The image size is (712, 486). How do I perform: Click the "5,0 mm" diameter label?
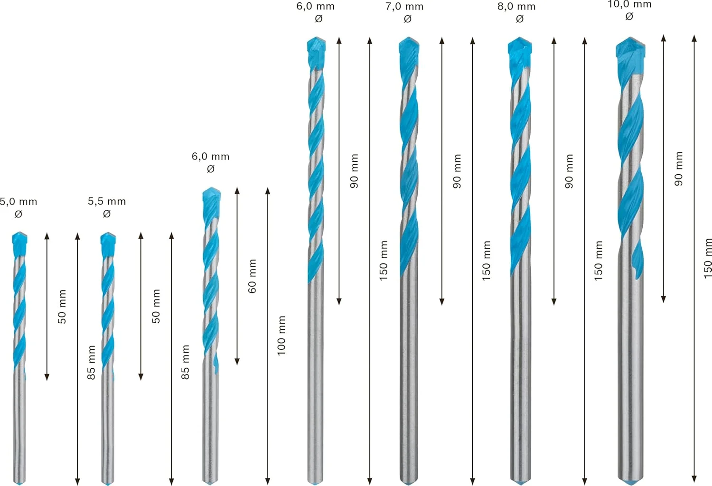[x=19, y=202]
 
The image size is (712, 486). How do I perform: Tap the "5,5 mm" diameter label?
[x=107, y=201]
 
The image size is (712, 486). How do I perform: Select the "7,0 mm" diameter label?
[x=405, y=7]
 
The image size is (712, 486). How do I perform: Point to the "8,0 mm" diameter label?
[x=516, y=7]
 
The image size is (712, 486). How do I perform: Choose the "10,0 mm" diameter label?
[x=629, y=4]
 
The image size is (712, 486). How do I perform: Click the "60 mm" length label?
[x=252, y=276]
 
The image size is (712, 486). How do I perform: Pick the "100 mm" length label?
[x=281, y=336]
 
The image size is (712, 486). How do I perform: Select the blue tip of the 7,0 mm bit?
[x=409, y=47]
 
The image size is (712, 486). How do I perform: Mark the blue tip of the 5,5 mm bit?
[x=108, y=243]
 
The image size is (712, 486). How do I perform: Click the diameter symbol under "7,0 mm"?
[x=407, y=19]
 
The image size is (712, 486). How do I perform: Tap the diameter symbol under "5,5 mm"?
[x=107, y=214]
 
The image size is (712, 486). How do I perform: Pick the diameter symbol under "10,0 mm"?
[x=629, y=17]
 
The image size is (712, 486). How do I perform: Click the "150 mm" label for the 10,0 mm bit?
[x=707, y=258]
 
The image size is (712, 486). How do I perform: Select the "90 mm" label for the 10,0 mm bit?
[x=679, y=168]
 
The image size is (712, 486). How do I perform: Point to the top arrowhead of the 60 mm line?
[x=237, y=190]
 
